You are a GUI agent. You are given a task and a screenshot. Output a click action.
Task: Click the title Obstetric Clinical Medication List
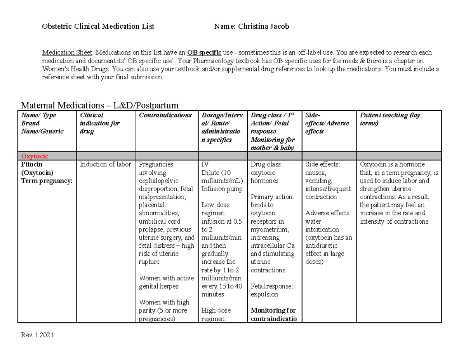point(98,26)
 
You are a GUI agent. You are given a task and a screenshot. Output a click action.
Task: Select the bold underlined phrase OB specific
point(204,52)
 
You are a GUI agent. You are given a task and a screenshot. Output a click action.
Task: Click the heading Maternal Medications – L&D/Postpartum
point(100,105)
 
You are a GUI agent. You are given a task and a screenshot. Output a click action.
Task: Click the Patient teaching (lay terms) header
point(389,119)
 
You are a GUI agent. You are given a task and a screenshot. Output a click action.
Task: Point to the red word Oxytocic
point(35,156)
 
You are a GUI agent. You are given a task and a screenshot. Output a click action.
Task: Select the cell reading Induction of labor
point(106,164)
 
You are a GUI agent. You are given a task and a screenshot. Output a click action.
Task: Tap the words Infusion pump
point(219,189)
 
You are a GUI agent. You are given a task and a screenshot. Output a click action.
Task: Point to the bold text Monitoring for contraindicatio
point(273,315)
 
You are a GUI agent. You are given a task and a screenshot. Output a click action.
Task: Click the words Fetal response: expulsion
point(272,290)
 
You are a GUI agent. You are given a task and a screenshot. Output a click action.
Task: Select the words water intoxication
point(322,225)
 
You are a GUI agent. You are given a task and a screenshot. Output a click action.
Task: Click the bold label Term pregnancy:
point(47,181)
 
